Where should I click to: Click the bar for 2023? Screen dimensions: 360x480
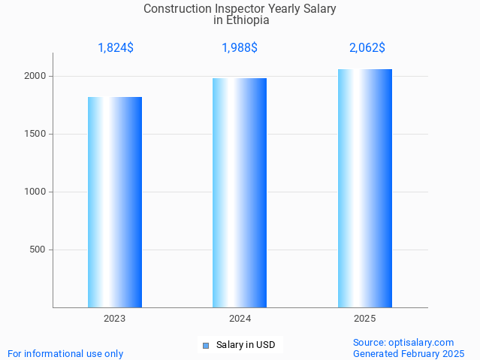[x=115, y=201]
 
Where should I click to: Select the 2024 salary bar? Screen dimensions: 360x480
[x=240, y=192]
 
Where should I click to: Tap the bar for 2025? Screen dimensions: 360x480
[x=365, y=188]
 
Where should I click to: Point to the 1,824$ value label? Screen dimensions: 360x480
[x=116, y=48]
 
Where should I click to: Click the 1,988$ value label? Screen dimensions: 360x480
[x=240, y=48]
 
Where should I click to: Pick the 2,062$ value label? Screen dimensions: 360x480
[x=367, y=48]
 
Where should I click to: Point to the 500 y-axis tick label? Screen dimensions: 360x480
[x=39, y=250]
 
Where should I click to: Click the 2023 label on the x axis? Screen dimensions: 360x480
[x=115, y=319]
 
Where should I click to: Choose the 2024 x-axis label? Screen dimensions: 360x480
[x=240, y=319]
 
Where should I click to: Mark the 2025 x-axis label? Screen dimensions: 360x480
[x=365, y=319]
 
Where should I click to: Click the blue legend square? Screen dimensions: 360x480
[x=205, y=346]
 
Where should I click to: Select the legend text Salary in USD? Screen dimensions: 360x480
[x=246, y=346]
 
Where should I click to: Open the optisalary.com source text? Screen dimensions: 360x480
[x=403, y=342]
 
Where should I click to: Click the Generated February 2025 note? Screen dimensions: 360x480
[x=409, y=353]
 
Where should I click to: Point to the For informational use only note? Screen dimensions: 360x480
[x=65, y=353]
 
